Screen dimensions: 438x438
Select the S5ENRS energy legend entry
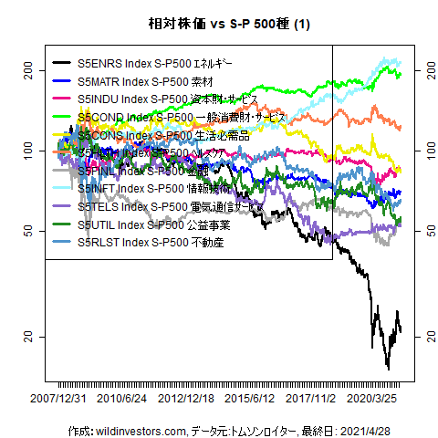click(x=155, y=65)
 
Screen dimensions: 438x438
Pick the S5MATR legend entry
click(x=146, y=82)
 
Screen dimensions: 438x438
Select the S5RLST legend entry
click(x=150, y=243)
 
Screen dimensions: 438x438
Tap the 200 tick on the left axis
click(x=27, y=70)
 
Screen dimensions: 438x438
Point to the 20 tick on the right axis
click(x=422, y=338)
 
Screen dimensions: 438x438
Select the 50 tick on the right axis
click(x=422, y=233)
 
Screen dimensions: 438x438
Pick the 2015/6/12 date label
click(x=251, y=399)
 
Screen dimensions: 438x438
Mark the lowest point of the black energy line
click(x=388, y=369)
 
